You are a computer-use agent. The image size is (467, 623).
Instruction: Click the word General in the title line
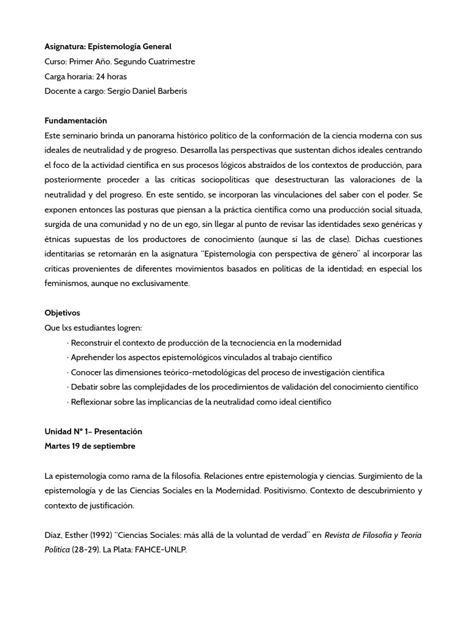pos(155,46)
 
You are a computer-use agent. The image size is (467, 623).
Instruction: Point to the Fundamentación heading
pos(75,120)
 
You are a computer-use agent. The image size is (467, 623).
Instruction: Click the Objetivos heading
pos(62,313)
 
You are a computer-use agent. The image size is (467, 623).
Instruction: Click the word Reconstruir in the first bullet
pos(92,343)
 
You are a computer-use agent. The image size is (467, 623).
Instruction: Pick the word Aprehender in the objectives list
pos(92,357)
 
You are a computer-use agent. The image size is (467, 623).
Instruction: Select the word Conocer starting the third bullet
pos(86,372)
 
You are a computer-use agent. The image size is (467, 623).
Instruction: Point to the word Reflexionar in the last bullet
pos(92,402)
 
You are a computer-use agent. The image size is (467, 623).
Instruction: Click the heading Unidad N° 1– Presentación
pos(93,431)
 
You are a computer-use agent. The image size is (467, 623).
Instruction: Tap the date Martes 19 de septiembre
pos(90,446)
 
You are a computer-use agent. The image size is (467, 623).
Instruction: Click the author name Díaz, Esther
pos(66,535)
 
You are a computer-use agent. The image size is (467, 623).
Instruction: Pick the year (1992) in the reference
pos(101,535)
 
